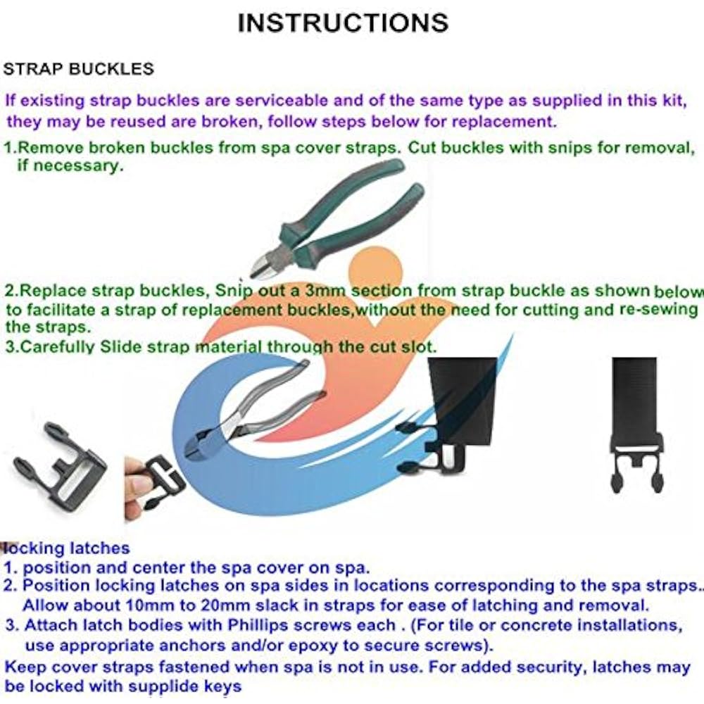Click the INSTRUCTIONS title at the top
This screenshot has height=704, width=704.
343,23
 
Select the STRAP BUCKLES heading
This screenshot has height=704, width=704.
79,69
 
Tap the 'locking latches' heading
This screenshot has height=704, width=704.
66,548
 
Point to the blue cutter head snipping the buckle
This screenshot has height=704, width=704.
202,442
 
